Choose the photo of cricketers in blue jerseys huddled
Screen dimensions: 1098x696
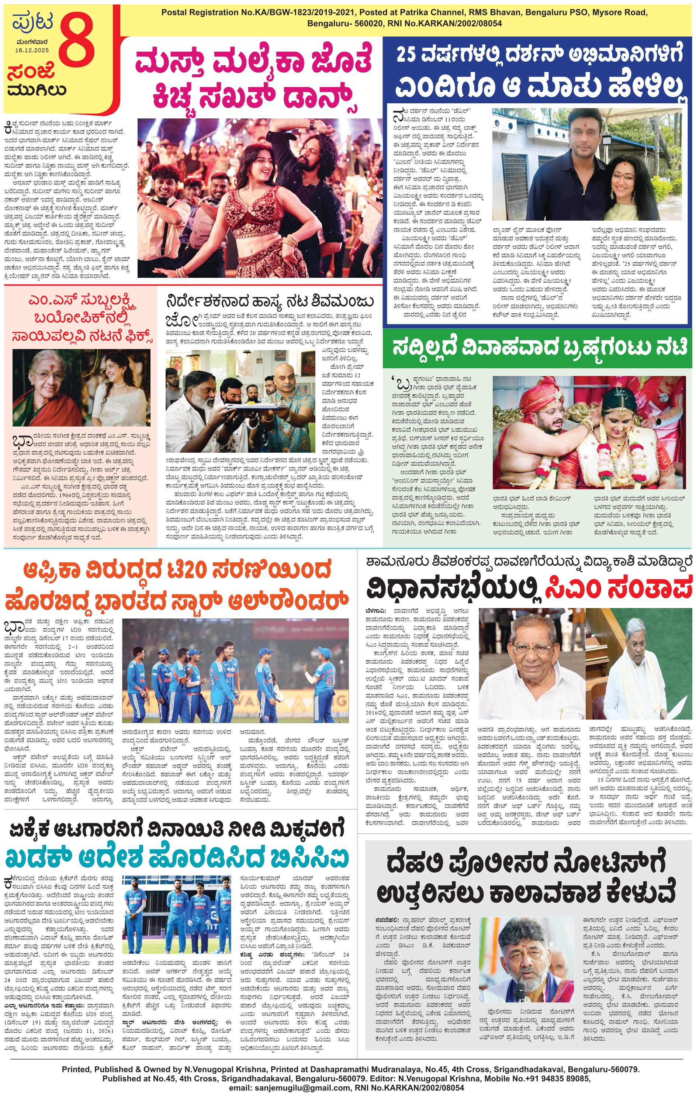tap(236, 670)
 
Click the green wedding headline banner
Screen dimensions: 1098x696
tap(537, 348)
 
